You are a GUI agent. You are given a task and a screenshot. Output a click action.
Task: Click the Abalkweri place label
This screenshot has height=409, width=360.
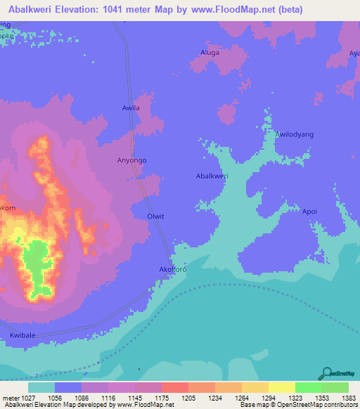[212, 176]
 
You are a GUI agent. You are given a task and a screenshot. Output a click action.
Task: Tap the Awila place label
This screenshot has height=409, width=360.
[131, 108]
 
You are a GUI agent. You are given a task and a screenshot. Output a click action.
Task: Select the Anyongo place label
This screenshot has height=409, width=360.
[131, 160]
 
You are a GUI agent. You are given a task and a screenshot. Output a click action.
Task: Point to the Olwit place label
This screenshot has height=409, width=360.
[155, 216]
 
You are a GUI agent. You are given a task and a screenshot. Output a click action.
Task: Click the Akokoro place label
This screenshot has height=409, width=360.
[172, 269]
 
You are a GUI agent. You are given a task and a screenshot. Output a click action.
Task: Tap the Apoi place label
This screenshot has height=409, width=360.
[309, 211]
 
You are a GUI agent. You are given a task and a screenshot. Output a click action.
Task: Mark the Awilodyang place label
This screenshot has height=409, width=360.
[294, 134]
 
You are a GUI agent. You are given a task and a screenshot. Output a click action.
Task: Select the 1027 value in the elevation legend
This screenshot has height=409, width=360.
[22, 397]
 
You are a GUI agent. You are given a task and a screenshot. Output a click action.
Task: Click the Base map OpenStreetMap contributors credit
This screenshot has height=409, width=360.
[297, 405]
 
